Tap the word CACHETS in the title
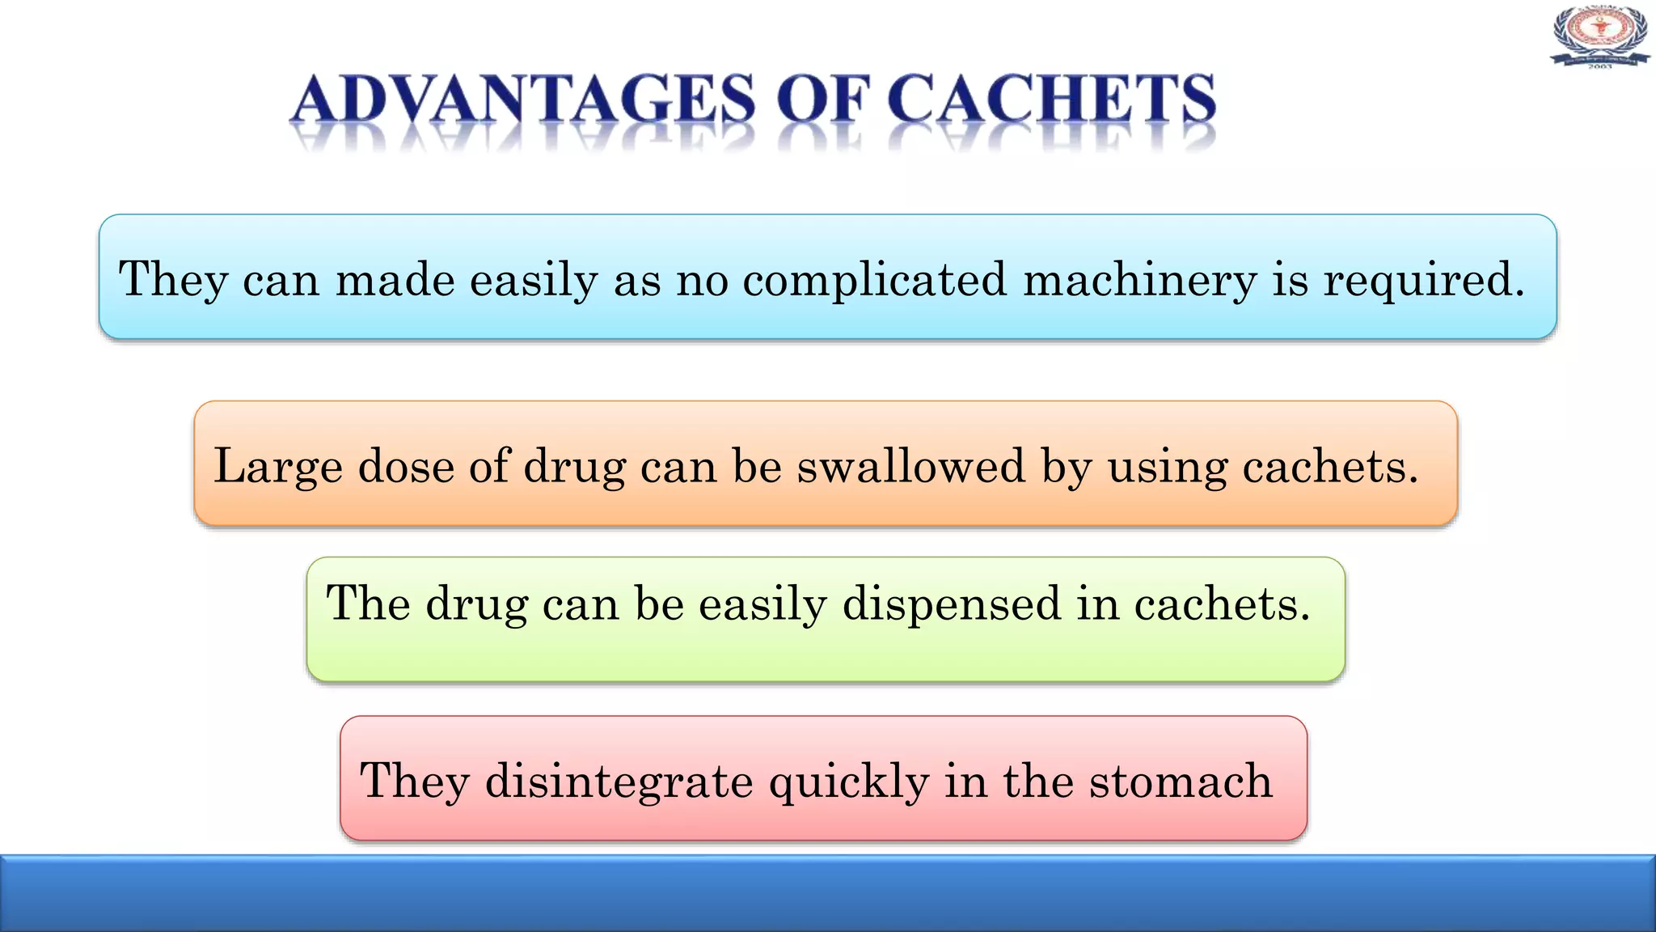click(x=1051, y=100)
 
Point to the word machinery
click(x=1140, y=280)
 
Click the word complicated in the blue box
click(x=875, y=280)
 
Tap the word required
click(x=1424, y=280)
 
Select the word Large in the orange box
click(x=277, y=467)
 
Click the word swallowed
click(x=911, y=467)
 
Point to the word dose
click(x=406, y=467)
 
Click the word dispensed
click(x=952, y=604)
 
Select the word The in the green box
click(x=368, y=604)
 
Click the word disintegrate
click(x=619, y=782)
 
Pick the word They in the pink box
click(x=414, y=782)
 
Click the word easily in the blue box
click(x=534, y=280)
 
